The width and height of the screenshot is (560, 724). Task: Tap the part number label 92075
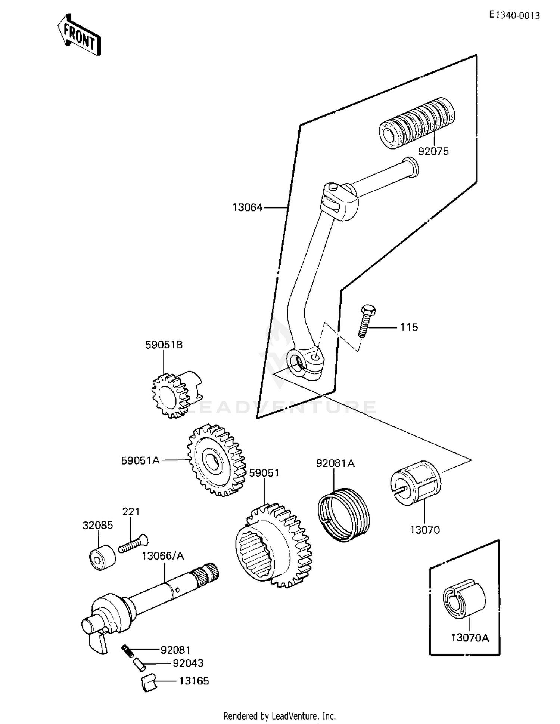(433, 152)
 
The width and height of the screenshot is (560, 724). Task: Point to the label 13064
(248, 207)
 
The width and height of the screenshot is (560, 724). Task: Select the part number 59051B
(164, 345)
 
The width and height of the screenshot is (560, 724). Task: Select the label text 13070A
(470, 638)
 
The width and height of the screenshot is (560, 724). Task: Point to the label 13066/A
(163, 556)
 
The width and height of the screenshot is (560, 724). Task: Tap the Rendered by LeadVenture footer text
(279, 716)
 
